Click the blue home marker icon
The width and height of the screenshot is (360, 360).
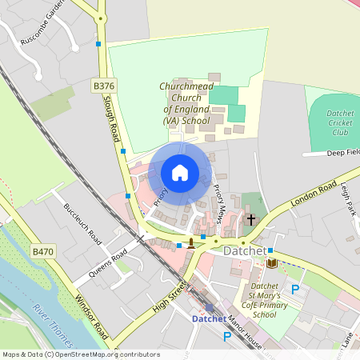tap(180, 172)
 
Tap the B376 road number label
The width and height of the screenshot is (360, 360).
tap(103, 85)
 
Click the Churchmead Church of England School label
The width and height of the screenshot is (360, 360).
tap(185, 103)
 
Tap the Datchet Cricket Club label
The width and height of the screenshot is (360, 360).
tap(340, 122)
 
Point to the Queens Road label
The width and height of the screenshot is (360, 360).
tap(108, 262)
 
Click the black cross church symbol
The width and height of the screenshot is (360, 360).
tap(251, 218)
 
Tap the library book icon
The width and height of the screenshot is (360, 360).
tap(272, 263)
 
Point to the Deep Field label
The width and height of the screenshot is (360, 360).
tap(343, 152)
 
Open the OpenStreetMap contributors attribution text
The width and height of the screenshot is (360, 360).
tap(80, 354)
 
